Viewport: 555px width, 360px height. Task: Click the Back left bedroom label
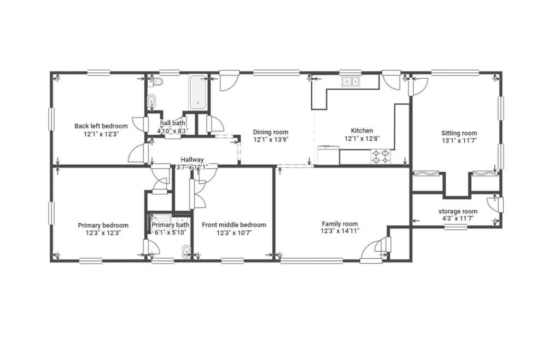101,126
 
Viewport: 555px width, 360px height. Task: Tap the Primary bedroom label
103,225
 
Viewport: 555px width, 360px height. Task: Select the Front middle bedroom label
234,225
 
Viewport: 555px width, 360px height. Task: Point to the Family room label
340,224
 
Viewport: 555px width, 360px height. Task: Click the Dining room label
271,132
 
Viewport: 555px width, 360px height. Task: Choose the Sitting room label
459,133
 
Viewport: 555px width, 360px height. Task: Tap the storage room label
458,212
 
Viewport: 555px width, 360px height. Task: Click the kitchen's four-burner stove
381,156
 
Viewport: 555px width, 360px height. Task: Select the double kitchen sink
350,82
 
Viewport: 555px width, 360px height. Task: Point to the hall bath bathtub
197,92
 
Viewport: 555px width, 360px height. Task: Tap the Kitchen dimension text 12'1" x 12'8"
362,138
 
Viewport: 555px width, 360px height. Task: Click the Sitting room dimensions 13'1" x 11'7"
459,141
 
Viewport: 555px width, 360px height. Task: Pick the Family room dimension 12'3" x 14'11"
340,231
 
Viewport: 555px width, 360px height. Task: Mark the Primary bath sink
186,252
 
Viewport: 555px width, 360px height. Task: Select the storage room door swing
493,204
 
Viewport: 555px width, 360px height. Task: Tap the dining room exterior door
228,81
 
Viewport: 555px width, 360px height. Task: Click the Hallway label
192,160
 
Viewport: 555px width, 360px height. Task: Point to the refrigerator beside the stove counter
329,155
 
